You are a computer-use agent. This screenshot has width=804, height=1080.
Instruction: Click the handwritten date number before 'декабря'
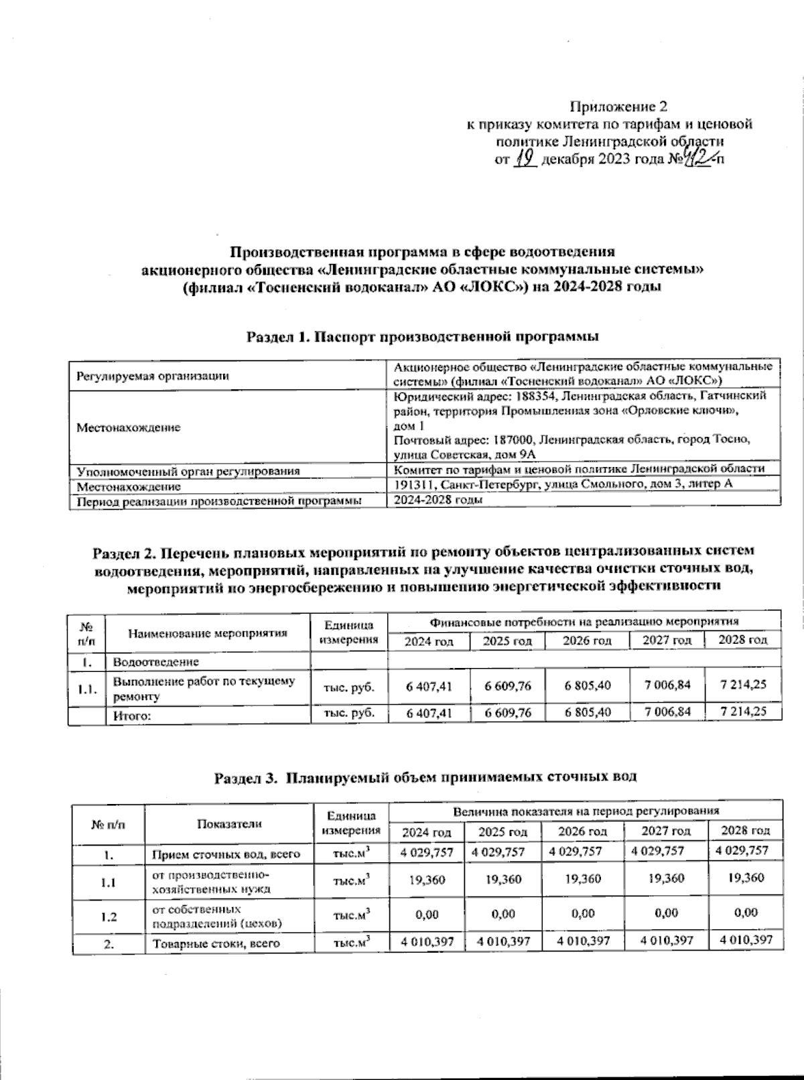click(525, 159)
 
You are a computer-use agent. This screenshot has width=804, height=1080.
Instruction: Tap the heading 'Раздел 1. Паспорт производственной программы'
click(422, 336)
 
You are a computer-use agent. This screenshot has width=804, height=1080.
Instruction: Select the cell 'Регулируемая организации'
click(153, 376)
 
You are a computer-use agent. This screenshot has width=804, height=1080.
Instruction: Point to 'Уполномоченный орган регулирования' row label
click(188, 471)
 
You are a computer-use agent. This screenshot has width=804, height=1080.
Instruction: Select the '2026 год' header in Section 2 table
click(587, 641)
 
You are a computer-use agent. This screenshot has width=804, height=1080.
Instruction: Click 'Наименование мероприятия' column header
click(208, 632)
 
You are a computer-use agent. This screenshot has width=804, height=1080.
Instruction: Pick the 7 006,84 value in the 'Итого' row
click(667, 712)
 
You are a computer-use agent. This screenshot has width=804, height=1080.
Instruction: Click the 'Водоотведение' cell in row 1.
click(155, 662)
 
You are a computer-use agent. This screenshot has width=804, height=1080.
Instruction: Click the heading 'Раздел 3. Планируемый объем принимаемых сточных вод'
click(425, 777)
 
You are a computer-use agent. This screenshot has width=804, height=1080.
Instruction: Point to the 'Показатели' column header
click(229, 824)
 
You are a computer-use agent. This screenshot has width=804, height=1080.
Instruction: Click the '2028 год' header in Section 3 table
click(745, 831)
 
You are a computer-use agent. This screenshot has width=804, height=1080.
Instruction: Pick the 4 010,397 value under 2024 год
click(427, 942)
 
